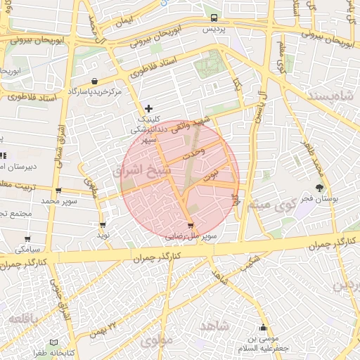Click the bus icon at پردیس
(x=214, y=18)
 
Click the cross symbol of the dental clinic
(x=148, y=108)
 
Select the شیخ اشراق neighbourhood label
(x=137, y=170)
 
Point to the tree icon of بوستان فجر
(x=321, y=188)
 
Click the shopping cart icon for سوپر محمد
(x=58, y=191)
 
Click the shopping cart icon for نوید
(x=103, y=226)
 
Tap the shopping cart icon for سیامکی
(x=27, y=239)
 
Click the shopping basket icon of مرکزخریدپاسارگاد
(x=95, y=81)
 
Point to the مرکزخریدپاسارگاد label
(x=95, y=92)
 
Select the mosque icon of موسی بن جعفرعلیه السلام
(x=264, y=328)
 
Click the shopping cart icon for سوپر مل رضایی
(x=191, y=226)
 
